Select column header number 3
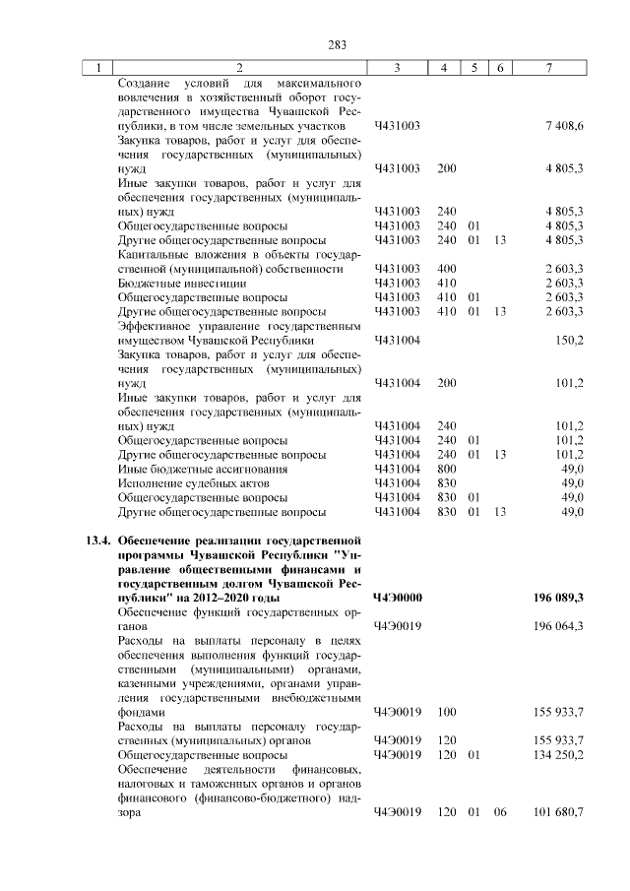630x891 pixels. pos(397,68)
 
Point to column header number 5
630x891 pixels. pos(474,68)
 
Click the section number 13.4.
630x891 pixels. pos(97,541)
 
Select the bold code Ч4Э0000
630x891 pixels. pos(398,598)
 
